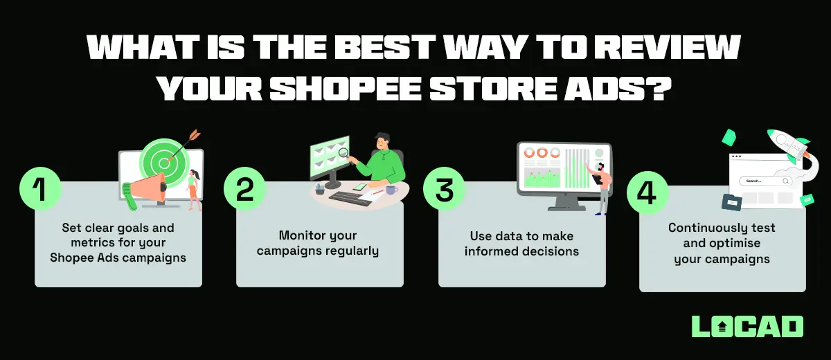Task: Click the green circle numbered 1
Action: click(40, 189)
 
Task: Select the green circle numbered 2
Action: click(244, 189)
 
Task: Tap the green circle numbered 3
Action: click(444, 189)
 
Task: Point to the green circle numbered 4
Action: click(647, 191)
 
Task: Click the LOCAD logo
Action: click(747, 327)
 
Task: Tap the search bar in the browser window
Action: click(765, 181)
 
